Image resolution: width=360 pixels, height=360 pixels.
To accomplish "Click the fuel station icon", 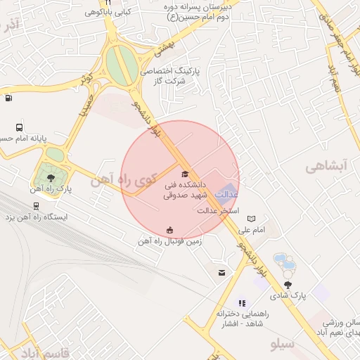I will (x=8, y=98).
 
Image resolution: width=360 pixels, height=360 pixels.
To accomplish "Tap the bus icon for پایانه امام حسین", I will (x=19, y=128).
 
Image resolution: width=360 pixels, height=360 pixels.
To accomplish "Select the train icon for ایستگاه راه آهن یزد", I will (x=36, y=206).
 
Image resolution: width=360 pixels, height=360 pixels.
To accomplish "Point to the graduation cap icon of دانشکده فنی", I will (x=185, y=174).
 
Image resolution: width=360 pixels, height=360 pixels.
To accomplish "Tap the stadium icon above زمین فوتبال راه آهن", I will (x=169, y=229).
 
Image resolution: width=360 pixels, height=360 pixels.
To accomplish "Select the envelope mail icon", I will (x=222, y=273).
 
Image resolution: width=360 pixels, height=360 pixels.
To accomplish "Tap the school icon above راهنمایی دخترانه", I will (x=243, y=303).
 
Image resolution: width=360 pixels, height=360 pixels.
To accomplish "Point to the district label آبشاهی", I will (x=327, y=167).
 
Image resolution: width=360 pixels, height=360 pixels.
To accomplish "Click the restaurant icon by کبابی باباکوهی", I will (x=109, y=3).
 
